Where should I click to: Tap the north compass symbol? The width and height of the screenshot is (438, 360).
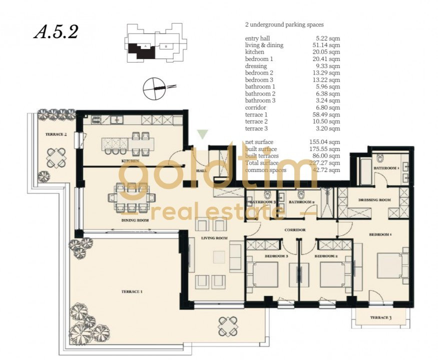point(155,88)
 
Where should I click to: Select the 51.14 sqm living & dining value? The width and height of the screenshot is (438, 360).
point(325,45)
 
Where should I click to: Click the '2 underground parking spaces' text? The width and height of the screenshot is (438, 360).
point(284,24)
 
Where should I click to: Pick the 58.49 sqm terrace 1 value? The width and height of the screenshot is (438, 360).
point(325,114)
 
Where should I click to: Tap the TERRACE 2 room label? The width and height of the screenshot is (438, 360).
point(56,134)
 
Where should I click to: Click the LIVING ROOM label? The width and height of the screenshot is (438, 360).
point(215,238)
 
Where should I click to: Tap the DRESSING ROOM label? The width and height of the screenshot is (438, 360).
point(374,200)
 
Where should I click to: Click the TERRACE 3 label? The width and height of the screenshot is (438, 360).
point(381,318)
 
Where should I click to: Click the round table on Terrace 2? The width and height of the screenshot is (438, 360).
point(56,157)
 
